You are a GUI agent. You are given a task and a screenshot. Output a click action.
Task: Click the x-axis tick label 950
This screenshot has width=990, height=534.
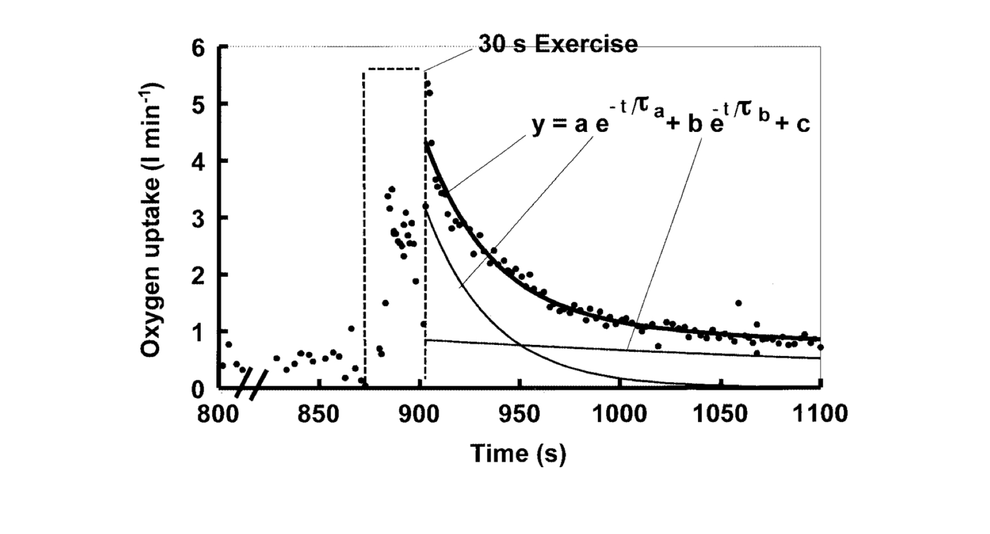[519, 414]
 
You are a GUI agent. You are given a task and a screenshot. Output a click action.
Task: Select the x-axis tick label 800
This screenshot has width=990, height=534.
[218, 414]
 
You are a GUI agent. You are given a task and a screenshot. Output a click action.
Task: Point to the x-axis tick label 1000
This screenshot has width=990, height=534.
[619, 414]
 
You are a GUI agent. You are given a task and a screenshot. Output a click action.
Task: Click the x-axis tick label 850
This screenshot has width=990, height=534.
[318, 414]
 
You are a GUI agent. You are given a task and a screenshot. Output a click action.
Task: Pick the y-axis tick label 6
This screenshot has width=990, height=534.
[198, 48]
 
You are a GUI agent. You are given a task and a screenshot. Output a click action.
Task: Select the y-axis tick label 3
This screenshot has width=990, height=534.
[198, 218]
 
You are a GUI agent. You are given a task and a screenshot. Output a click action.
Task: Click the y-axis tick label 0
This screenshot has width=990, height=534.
[198, 389]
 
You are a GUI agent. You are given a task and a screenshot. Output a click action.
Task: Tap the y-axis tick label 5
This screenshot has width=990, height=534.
[198, 105]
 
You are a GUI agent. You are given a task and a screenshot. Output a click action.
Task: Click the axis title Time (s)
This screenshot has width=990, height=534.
[518, 453]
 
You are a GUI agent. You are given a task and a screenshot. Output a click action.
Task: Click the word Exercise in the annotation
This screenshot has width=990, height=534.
[586, 44]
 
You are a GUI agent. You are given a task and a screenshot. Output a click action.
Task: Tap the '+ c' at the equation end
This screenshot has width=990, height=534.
[792, 124]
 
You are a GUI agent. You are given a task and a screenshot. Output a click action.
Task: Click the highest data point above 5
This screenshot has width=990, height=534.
[427, 83]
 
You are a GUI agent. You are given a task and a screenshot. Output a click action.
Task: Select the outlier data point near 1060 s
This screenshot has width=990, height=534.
[738, 303]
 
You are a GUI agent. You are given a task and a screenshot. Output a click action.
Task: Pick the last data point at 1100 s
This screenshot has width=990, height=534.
[821, 347]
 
